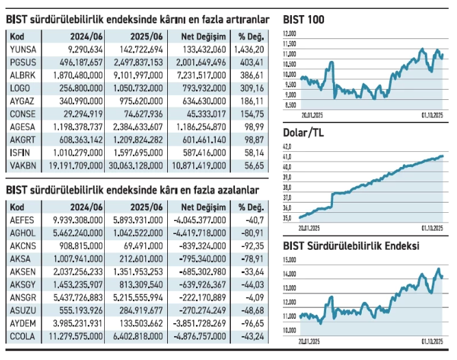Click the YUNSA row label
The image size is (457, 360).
coord(23,49)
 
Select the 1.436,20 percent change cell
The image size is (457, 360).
coord(251,49)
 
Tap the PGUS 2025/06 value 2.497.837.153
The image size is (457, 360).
coord(135,62)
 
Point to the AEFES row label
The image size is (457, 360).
coord(23,219)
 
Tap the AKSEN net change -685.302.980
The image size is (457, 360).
coord(201,271)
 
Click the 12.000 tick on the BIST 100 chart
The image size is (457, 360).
coord(291,33)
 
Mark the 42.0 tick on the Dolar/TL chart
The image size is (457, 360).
coord(288,146)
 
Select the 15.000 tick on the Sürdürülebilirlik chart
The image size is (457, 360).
coord(291,259)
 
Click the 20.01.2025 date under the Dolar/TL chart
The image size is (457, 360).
coord(312,227)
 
